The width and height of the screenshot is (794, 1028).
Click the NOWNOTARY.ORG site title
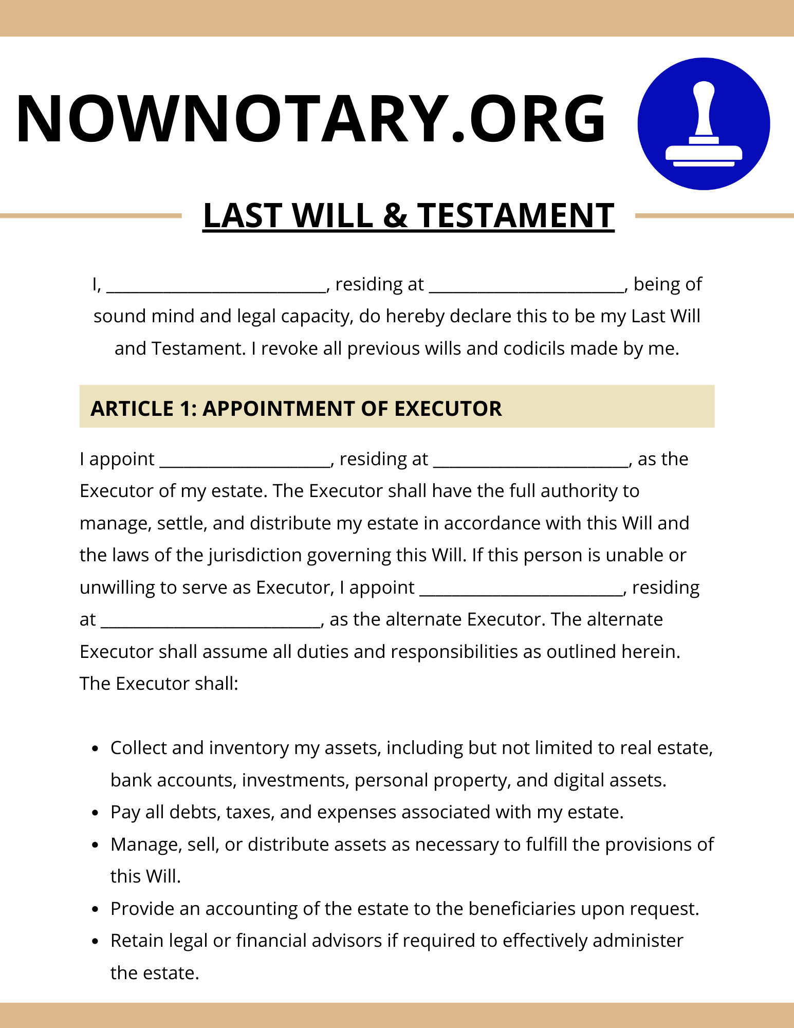click(311, 119)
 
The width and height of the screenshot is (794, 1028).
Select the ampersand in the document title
click(395, 215)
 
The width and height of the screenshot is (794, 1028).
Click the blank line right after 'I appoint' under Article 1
click(245, 462)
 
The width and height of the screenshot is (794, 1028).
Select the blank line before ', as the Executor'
click(531, 462)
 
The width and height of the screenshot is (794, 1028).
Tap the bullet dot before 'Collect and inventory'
click(95, 749)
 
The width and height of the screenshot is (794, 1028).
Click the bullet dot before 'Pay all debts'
click(95, 813)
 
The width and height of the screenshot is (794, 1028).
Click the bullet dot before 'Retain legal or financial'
click(95, 942)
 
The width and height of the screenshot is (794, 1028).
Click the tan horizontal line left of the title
click(90, 216)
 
